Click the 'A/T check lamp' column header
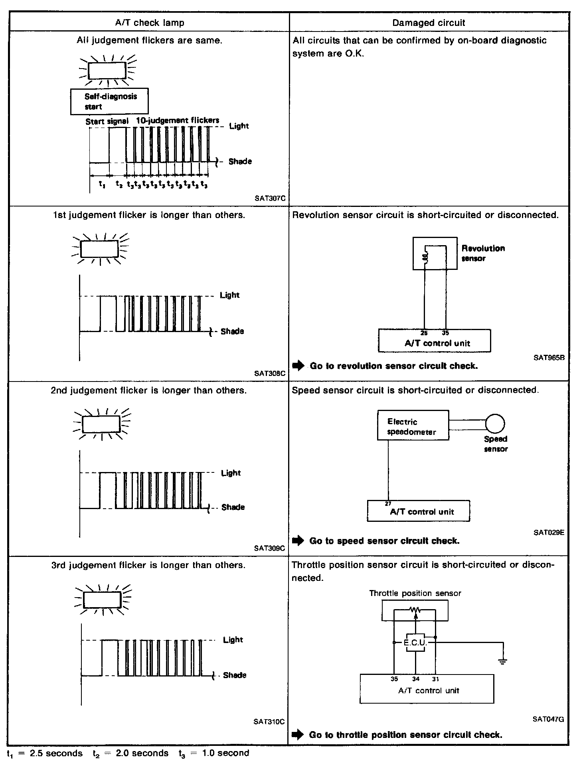150,23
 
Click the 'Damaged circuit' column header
429,23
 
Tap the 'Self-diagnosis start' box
109,101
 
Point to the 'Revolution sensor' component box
435,253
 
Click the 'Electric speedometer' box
413,425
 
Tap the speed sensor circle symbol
495,423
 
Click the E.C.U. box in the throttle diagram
415,643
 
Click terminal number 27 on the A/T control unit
388,504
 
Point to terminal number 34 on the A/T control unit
416,679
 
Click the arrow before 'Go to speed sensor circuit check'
298,541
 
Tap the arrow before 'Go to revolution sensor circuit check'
298,366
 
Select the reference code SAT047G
548,720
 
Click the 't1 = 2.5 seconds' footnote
45,753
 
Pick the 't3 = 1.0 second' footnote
213,753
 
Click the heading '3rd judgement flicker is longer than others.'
148,565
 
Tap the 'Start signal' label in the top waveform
107,122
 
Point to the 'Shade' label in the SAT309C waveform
233,507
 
